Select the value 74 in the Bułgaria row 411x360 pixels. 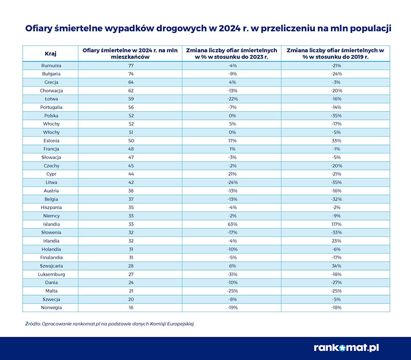click(131, 74)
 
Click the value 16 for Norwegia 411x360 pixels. click(131, 307)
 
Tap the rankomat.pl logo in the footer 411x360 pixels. click(347, 347)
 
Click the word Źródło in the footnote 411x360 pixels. click(33, 323)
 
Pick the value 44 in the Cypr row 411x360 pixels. click(131, 174)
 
